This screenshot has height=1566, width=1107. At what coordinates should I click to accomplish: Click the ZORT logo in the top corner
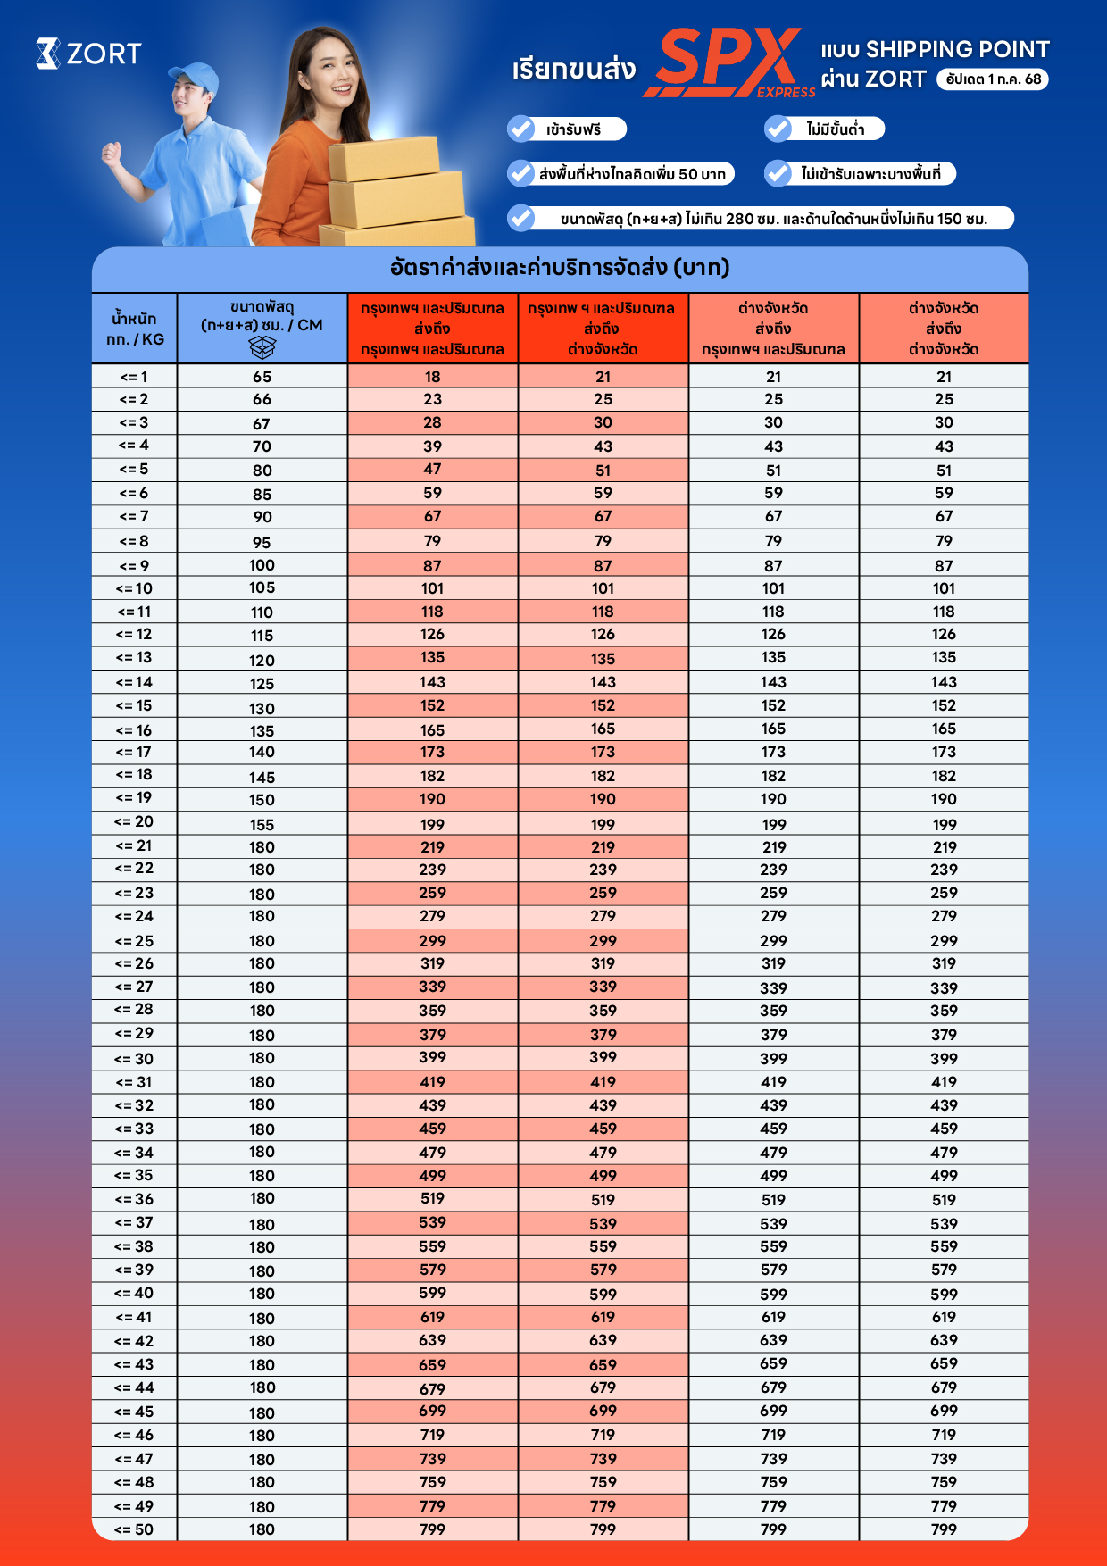point(88,54)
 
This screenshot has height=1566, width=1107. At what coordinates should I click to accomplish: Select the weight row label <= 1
point(134,377)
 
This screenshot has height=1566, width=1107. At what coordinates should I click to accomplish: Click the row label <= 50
point(134,1529)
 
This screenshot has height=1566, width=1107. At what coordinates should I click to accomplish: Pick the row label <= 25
point(134,941)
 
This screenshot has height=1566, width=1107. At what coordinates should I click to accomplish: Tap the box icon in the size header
point(262,347)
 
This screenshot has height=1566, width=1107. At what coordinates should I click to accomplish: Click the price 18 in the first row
point(432,377)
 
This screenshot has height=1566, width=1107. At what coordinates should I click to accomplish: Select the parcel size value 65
point(262,377)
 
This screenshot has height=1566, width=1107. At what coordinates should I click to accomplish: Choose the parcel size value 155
point(262,824)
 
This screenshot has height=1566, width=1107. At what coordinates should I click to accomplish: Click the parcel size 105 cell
point(262,587)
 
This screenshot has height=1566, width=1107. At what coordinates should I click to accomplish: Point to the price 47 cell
point(432,470)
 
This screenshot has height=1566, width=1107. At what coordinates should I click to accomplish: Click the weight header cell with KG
point(135,329)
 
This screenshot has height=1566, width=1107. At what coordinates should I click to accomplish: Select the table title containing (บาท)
point(560,268)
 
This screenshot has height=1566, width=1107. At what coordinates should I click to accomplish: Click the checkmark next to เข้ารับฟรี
point(520,129)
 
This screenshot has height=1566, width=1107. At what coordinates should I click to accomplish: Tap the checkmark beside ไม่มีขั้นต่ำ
point(778,129)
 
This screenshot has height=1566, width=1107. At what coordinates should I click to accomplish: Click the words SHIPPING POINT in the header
point(957,50)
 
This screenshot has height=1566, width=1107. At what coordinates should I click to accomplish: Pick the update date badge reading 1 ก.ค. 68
point(993,79)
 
